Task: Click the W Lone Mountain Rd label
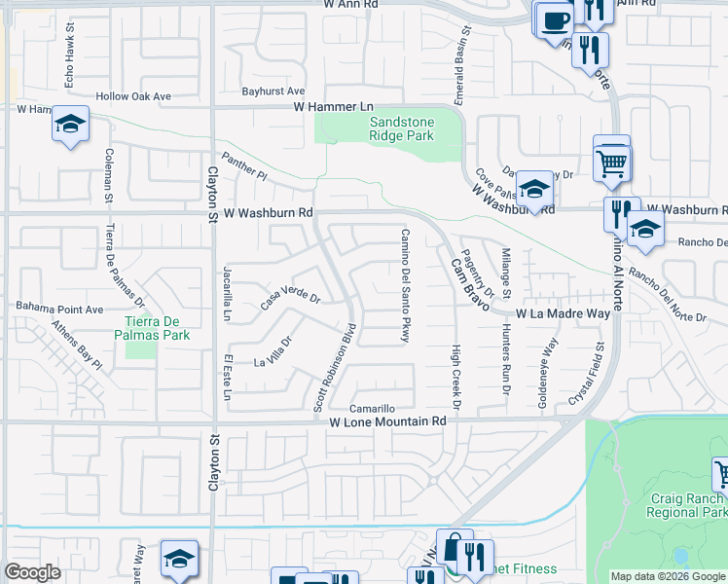tap(386, 422)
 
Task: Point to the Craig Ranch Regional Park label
tap(687, 505)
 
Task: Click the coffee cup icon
tap(556, 19)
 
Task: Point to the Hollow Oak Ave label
tap(132, 96)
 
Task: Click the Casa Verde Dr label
tap(290, 294)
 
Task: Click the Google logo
tap(33, 572)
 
